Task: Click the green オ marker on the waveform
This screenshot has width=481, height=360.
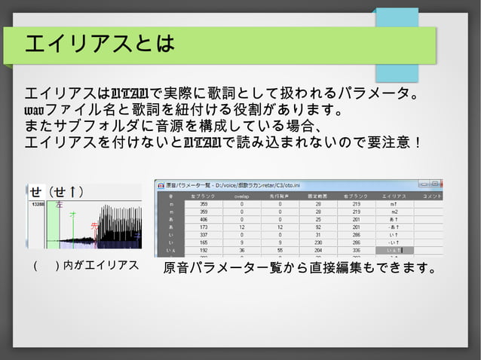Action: click(72, 215)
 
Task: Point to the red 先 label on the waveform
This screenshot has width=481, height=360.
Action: click(94, 226)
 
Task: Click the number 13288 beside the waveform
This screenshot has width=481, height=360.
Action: click(38, 204)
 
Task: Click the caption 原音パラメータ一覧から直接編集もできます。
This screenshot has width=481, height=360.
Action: click(300, 268)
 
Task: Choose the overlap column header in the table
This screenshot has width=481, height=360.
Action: click(242, 196)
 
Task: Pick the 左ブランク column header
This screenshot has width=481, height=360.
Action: click(204, 196)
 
